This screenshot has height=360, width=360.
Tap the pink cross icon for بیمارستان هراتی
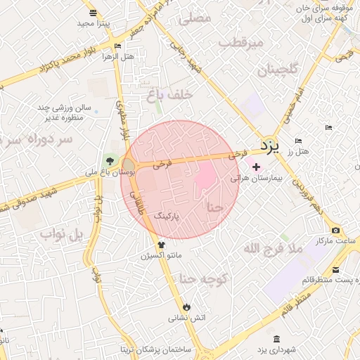(x=256, y=168)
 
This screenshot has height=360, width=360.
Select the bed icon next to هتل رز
(x=299, y=141)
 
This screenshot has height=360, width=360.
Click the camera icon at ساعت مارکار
(x=335, y=231)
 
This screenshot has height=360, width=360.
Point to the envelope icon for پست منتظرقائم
(x=335, y=270)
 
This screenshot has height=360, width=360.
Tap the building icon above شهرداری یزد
(x=276, y=339)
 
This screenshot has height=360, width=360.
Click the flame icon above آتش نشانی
(x=186, y=307)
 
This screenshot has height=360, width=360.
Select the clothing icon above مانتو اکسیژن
(x=161, y=245)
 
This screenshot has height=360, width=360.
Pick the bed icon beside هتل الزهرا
(x=117, y=46)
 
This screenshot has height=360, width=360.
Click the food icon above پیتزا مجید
(x=94, y=13)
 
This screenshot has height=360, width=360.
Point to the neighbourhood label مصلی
(x=195, y=19)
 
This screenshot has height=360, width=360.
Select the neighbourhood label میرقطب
(x=240, y=43)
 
